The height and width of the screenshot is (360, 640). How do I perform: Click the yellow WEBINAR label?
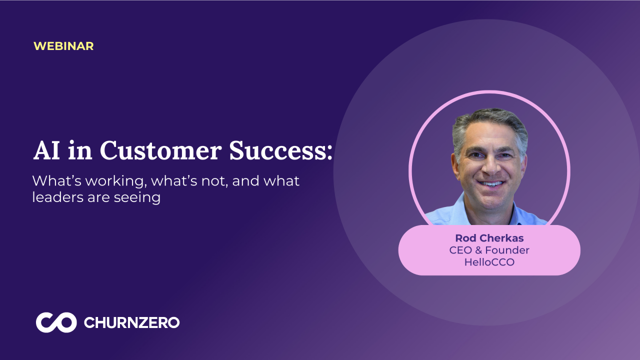[x=63, y=46]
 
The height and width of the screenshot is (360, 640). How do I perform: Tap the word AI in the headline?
[x=46, y=150]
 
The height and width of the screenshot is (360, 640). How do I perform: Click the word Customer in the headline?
[x=160, y=150]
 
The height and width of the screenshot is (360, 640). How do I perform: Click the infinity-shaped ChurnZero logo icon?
[x=56, y=322]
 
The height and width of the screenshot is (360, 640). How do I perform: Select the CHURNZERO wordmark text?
[x=131, y=322]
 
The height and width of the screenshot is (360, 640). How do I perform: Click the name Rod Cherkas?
[x=489, y=238]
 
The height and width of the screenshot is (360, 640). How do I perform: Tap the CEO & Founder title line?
[x=489, y=250]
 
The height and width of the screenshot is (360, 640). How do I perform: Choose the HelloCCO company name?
[x=489, y=262]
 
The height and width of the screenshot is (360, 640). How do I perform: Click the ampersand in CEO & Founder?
[x=478, y=250]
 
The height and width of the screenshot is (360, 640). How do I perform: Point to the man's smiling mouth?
[x=491, y=183]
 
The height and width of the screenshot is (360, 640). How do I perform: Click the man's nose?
[x=492, y=165]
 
